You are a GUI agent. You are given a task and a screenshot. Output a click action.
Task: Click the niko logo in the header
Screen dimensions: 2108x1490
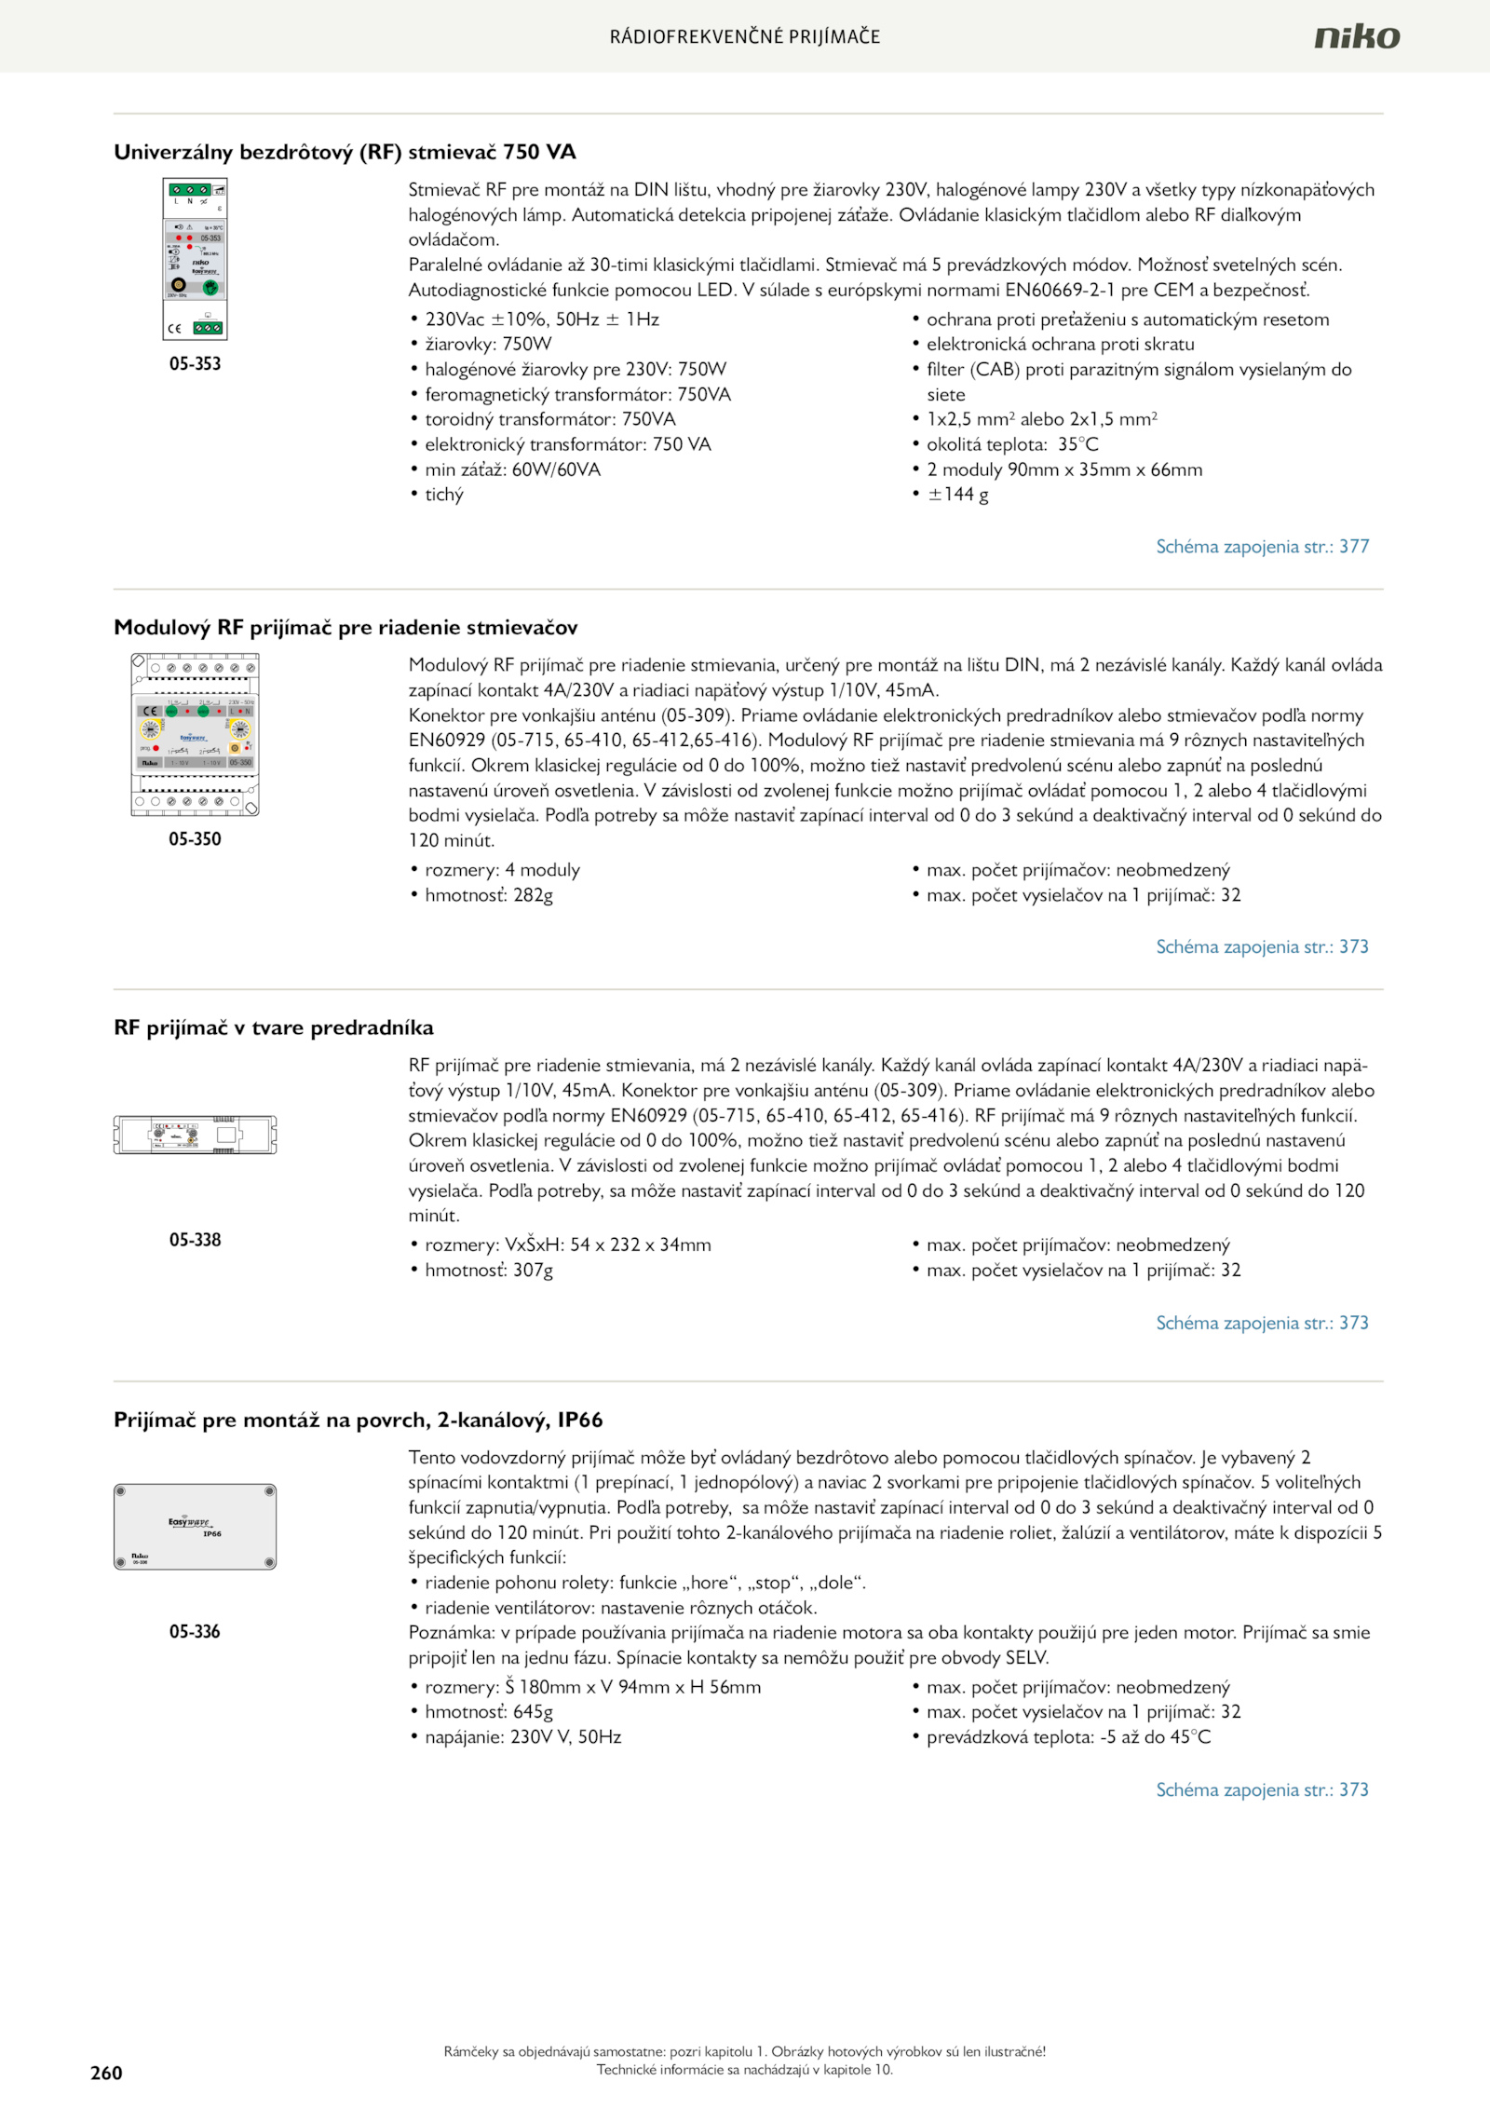pyautogui.click(x=1356, y=36)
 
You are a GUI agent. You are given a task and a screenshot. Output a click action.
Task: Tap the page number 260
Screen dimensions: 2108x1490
pyautogui.click(x=106, y=2072)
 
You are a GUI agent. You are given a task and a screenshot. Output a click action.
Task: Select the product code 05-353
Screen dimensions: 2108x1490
pyautogui.click(x=195, y=363)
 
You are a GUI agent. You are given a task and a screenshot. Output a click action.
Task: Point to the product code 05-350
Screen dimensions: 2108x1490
pyautogui.click(x=195, y=838)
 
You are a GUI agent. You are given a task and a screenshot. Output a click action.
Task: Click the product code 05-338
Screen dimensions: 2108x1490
pyautogui.click(x=195, y=1239)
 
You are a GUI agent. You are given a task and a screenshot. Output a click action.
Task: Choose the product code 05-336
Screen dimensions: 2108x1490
pyautogui.click(x=195, y=1631)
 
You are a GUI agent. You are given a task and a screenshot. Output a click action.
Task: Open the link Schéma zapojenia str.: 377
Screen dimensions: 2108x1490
pyautogui.click(x=1262, y=547)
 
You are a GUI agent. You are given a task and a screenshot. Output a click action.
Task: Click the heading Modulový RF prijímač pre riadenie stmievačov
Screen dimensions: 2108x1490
pyautogui.click(x=345, y=627)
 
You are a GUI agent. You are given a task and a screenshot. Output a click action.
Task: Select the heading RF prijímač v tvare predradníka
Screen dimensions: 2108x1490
pyautogui.click(x=274, y=1027)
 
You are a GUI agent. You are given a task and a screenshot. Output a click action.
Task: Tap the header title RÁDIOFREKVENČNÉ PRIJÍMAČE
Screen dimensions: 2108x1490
pyautogui.click(x=745, y=36)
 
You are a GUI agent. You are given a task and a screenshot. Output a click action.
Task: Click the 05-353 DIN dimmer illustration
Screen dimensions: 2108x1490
pyautogui.click(x=195, y=259)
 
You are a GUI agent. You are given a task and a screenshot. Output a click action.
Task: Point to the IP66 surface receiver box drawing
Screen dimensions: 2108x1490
pyautogui.click(x=195, y=1526)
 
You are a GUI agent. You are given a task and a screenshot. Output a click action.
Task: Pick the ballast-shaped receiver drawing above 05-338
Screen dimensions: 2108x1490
pyautogui.click(x=195, y=1135)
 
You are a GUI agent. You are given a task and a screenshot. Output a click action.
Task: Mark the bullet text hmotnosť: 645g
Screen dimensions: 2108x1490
pyautogui.click(x=489, y=1711)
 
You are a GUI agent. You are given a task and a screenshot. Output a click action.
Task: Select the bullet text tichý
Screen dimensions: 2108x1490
pyautogui.click(x=444, y=495)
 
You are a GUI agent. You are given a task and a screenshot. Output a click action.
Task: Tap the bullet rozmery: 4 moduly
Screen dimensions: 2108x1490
pyautogui.click(x=502, y=870)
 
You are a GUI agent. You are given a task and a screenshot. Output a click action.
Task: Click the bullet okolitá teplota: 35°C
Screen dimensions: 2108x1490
pyautogui.click(x=1012, y=444)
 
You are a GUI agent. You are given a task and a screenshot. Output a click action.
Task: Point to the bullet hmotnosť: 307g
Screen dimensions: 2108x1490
pyautogui.click(x=489, y=1270)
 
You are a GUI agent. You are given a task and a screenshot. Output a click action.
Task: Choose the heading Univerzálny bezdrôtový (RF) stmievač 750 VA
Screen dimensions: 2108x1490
pyautogui.click(x=345, y=152)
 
